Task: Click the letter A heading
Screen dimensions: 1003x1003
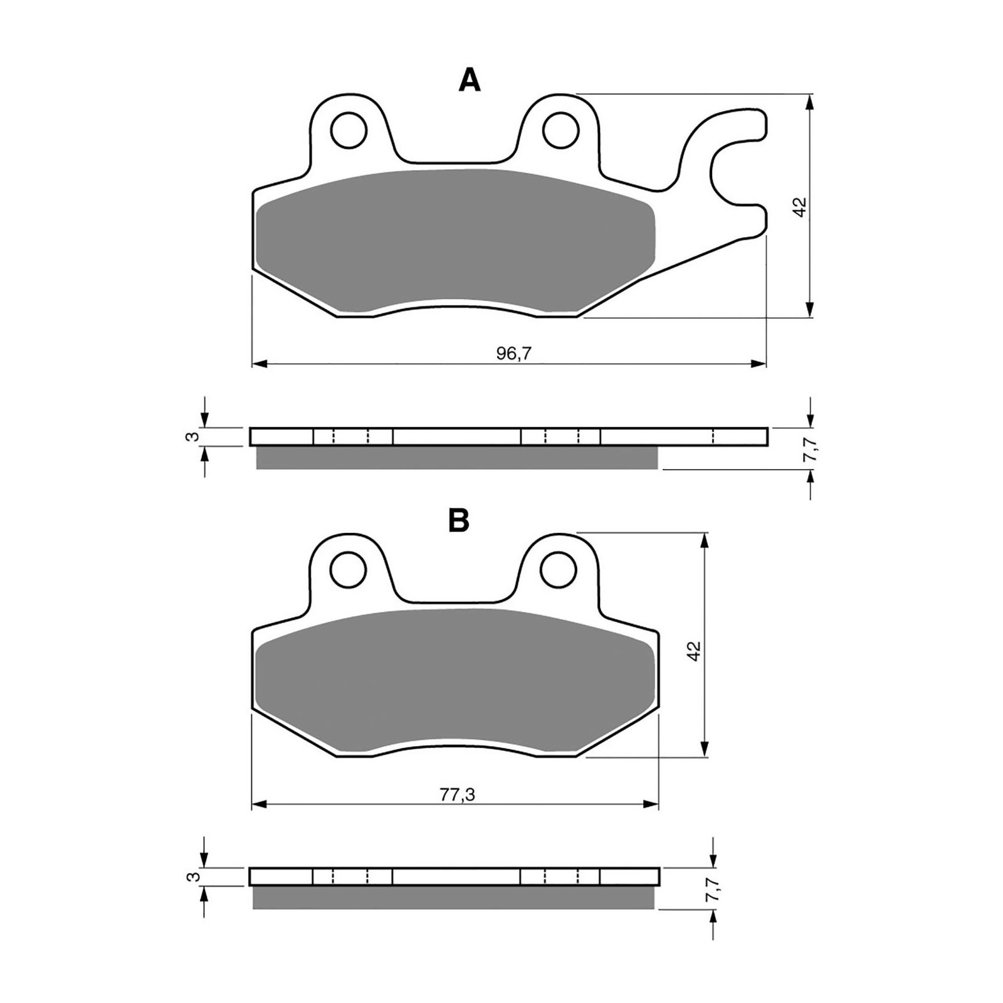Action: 470,81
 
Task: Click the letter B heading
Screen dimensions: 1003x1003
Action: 459,520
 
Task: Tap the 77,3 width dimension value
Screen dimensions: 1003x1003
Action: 457,795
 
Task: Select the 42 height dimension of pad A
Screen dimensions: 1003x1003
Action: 799,207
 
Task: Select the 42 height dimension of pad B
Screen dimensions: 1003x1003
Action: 693,650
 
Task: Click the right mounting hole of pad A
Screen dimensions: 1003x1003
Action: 560,130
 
